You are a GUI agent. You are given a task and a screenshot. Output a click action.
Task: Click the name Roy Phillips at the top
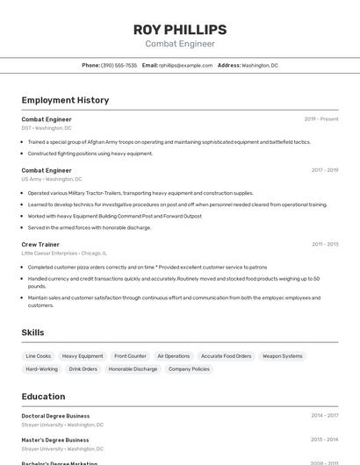point(179,29)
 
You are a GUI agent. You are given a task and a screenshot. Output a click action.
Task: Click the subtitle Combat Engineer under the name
point(179,44)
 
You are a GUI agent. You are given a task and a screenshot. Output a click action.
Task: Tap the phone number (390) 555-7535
point(119,65)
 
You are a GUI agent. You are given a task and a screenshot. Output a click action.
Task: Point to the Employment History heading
point(65,100)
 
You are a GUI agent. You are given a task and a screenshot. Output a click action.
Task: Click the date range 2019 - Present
point(321,119)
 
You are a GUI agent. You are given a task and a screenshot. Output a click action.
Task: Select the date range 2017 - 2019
point(325,170)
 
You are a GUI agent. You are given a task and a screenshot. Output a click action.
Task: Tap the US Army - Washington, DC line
point(52,179)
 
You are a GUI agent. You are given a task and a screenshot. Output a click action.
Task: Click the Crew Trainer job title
point(40,244)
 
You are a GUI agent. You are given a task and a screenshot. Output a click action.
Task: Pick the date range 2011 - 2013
point(325,244)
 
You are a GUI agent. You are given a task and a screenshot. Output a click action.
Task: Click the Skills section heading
point(32,333)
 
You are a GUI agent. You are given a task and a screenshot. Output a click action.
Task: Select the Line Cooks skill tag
point(39,356)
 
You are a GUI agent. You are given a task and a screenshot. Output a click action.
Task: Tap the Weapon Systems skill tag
point(283,356)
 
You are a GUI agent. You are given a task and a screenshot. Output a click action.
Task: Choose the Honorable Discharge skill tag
point(133,369)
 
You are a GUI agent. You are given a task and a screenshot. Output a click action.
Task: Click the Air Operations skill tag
point(173,356)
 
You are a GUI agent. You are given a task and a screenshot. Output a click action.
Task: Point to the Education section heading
point(43,397)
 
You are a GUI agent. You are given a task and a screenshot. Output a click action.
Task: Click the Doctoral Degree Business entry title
point(55,416)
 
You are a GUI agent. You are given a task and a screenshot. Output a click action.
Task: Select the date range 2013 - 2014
point(325,440)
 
